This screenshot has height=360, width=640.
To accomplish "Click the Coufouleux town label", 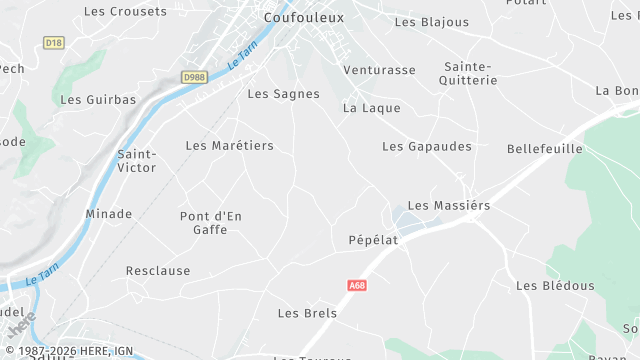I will pyautogui.click(x=303, y=18).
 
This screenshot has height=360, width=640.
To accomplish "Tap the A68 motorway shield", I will pyautogui.click(x=357, y=285).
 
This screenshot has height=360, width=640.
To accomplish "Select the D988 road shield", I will pyautogui.click(x=194, y=76).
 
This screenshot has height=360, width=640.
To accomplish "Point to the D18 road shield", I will pyautogui.click(x=53, y=42).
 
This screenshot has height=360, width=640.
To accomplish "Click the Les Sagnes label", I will pyautogui.click(x=283, y=94).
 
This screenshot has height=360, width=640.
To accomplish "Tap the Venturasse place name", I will pyautogui.click(x=379, y=71).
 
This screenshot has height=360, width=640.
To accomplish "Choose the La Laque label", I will pyautogui.click(x=371, y=108).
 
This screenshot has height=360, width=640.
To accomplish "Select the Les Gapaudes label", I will pyautogui.click(x=426, y=146).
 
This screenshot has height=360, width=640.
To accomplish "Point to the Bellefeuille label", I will pyautogui.click(x=545, y=148).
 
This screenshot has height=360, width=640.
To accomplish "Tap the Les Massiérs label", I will pyautogui.click(x=449, y=205).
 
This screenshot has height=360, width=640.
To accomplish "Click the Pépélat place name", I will pyautogui.click(x=373, y=241).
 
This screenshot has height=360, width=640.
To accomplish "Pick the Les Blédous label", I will pyautogui.click(x=555, y=286).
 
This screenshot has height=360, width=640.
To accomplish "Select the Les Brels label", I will pyautogui.click(x=307, y=313).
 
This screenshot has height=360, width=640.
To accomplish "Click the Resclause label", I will pyautogui.click(x=158, y=271).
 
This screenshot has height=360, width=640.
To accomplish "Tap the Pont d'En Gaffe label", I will pyautogui.click(x=211, y=223).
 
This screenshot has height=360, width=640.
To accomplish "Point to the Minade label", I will pyautogui.click(x=108, y=214).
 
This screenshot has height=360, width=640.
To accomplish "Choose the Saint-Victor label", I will pyautogui.click(x=137, y=161).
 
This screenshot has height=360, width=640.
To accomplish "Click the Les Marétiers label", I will pyautogui.click(x=229, y=146).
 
